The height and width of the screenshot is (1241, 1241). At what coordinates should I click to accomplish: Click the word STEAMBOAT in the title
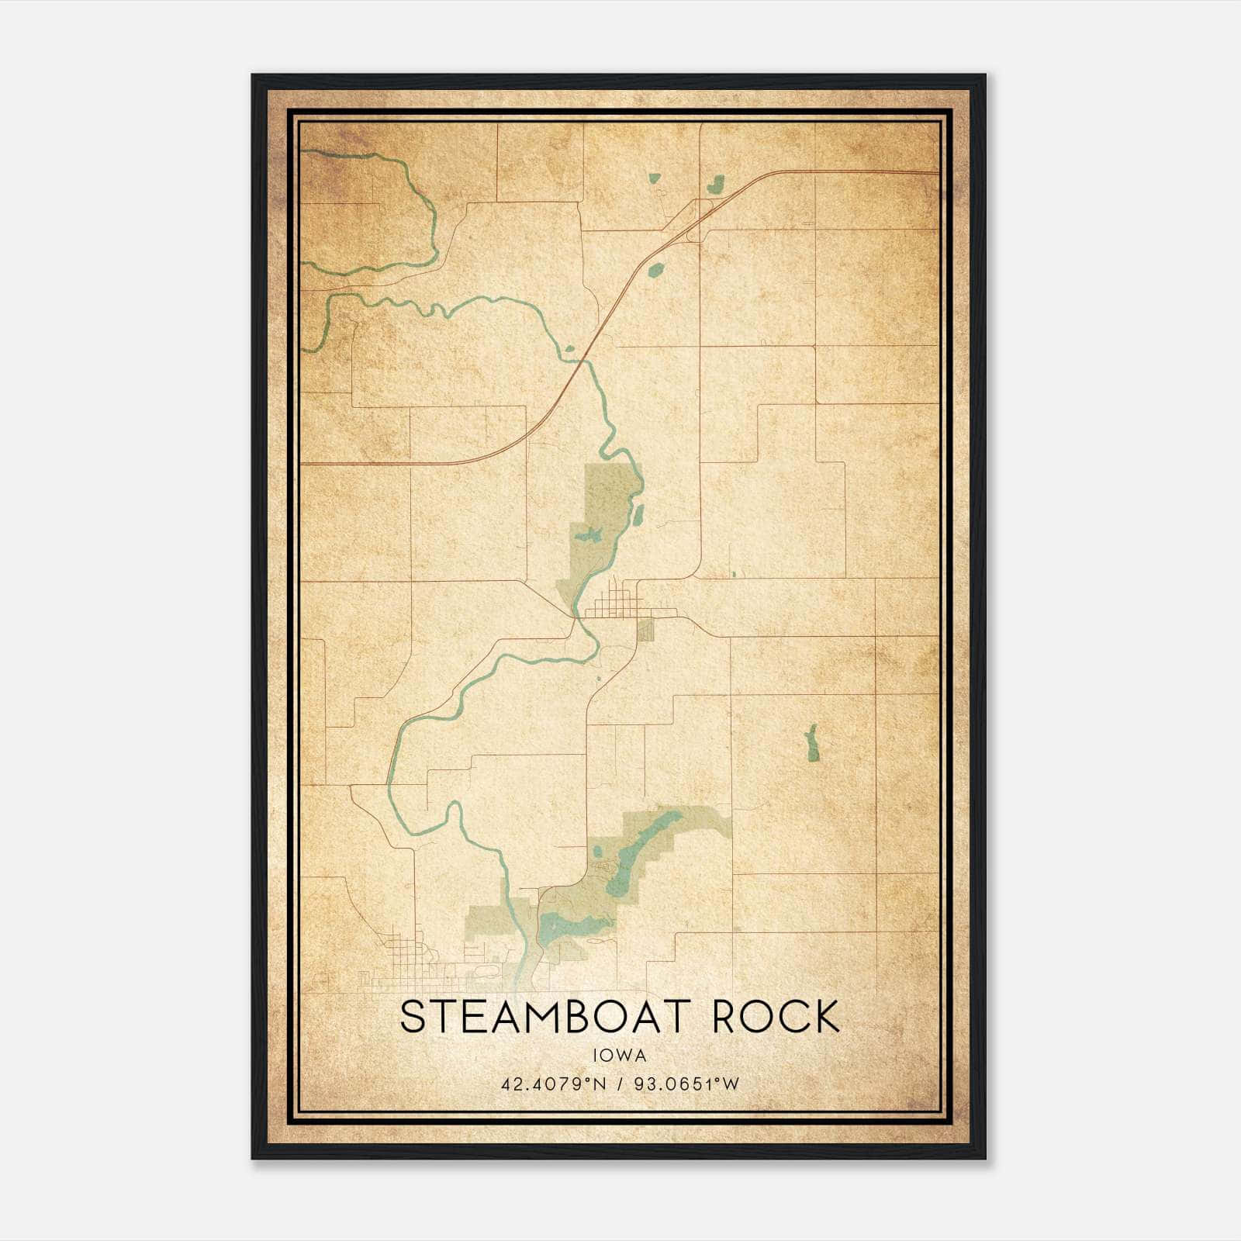point(534,1017)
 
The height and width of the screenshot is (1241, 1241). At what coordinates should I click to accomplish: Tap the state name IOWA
point(619,1056)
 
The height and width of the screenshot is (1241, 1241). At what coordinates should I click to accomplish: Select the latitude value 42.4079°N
point(551,1084)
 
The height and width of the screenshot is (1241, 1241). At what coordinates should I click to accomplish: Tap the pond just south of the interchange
point(656,271)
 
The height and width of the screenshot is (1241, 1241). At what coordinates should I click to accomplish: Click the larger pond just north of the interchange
point(714,185)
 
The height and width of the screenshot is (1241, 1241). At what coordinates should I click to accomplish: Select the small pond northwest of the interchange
point(653,178)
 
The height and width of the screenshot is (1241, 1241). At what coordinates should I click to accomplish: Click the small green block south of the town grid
point(645,631)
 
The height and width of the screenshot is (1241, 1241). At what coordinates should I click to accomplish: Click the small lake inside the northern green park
point(591,534)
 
